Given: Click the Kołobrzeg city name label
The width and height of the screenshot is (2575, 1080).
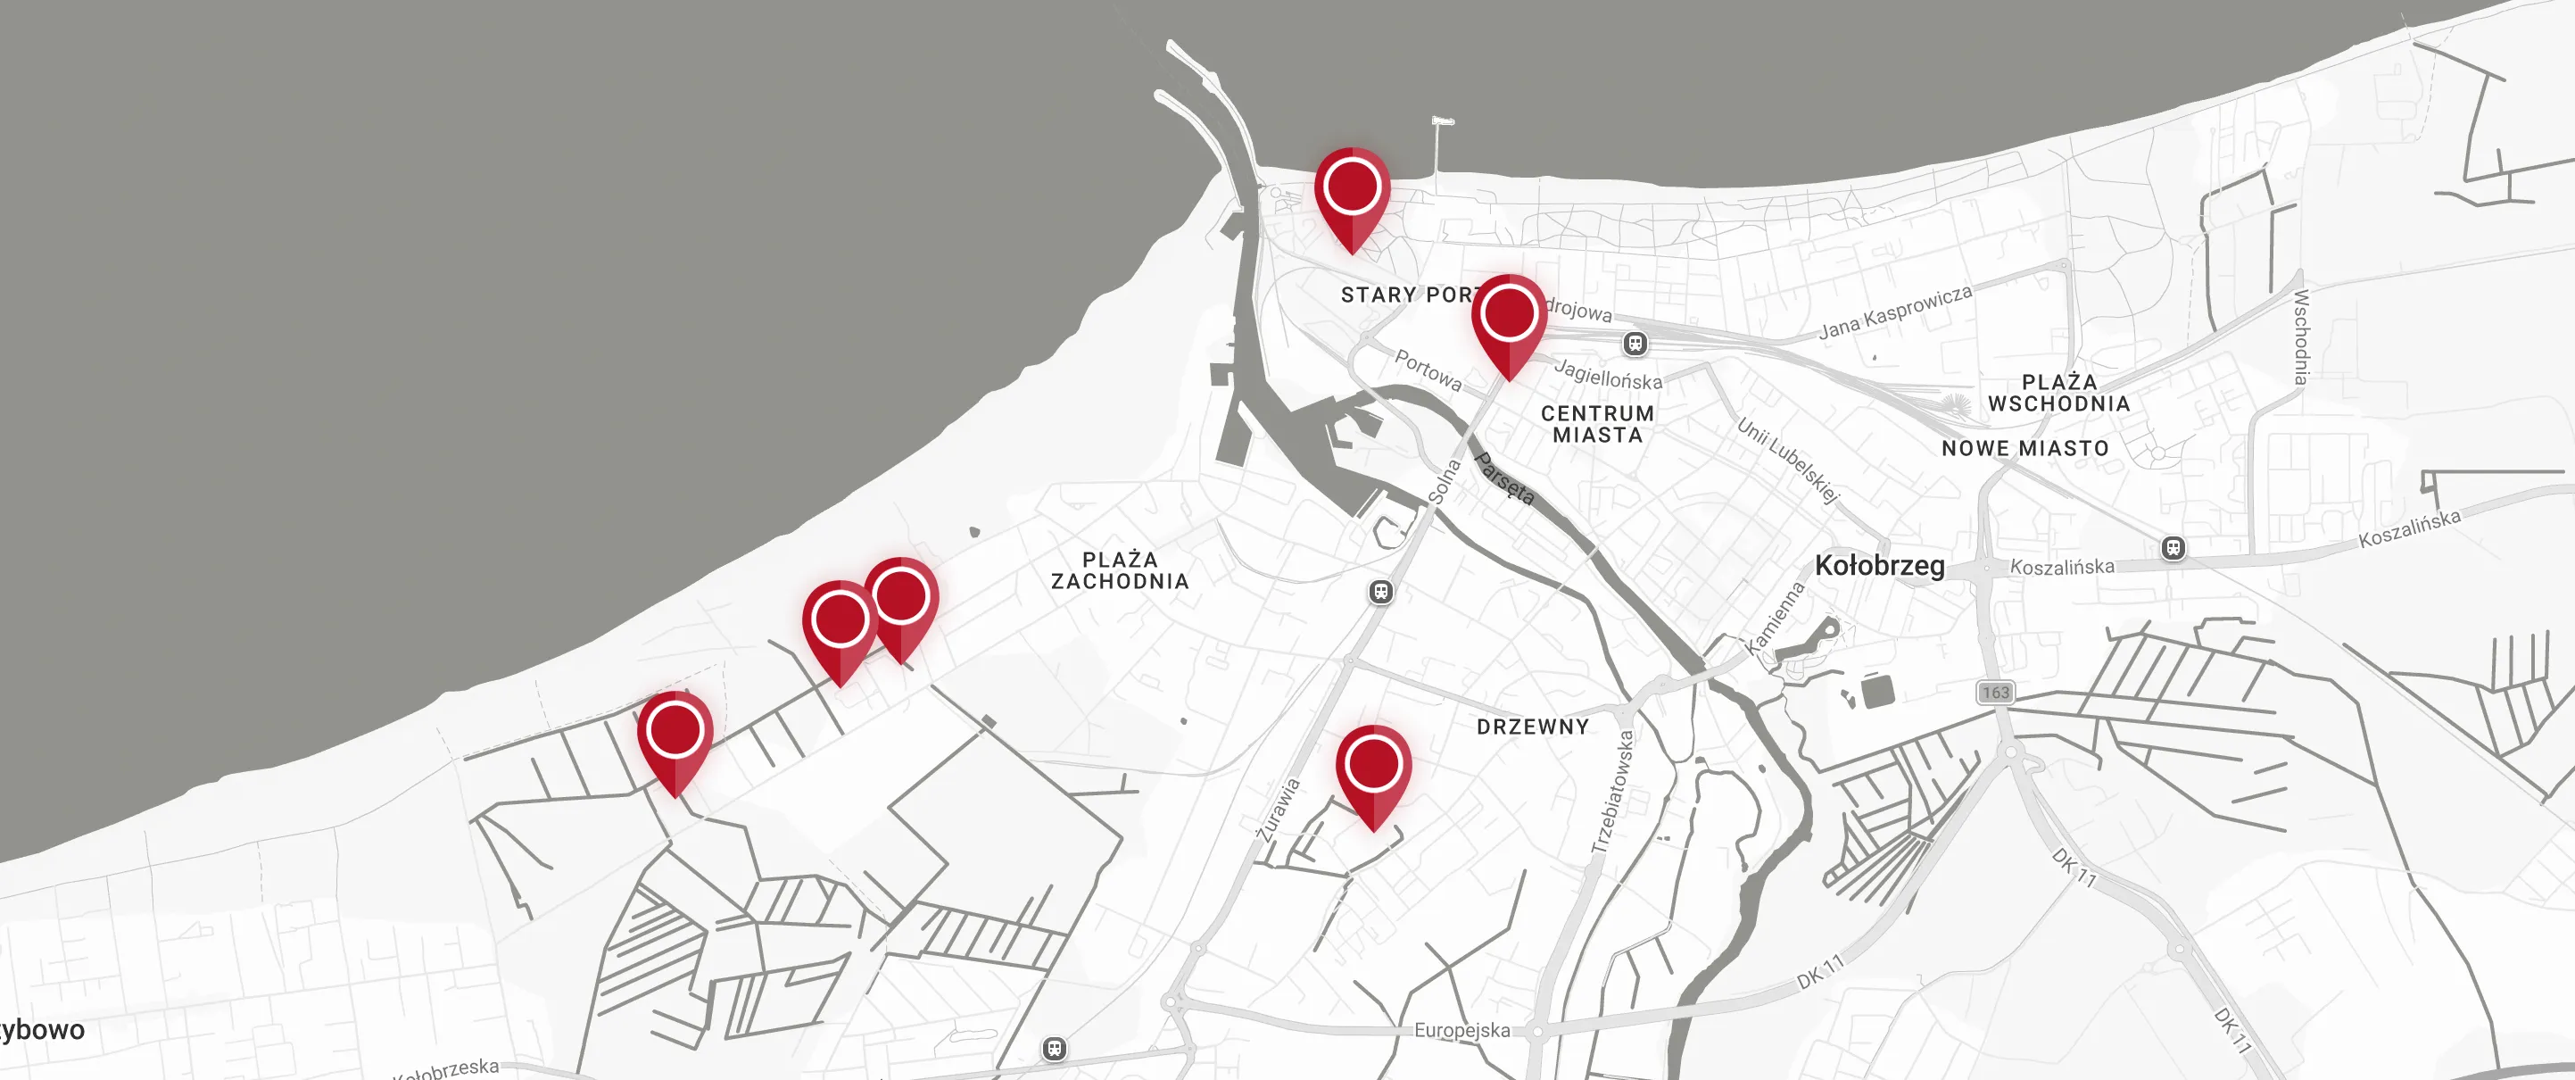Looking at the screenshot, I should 1879,566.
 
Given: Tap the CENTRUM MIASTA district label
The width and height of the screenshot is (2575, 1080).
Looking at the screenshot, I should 1597,424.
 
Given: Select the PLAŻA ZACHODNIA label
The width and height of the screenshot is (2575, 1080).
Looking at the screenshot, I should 1120,570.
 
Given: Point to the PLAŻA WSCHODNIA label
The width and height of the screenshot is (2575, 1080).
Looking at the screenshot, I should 2059,393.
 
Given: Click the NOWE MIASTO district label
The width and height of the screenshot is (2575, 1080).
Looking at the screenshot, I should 2025,449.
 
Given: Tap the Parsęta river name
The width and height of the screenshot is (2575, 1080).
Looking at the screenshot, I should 1504,478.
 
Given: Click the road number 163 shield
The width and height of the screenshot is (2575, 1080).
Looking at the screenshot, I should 1995,692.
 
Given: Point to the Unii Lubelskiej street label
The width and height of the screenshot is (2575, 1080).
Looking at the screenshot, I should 1788,460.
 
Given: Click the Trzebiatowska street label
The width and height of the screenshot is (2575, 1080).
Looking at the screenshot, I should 1612,792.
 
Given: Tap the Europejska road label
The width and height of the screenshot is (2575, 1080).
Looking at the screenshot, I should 1461,1030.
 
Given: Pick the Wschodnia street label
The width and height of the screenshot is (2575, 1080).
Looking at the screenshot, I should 2301,337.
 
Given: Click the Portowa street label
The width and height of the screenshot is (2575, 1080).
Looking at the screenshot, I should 1428,370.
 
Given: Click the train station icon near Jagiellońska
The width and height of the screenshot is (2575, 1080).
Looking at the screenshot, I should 1635,344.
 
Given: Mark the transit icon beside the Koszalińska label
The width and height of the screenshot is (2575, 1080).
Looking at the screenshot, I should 2173,548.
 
